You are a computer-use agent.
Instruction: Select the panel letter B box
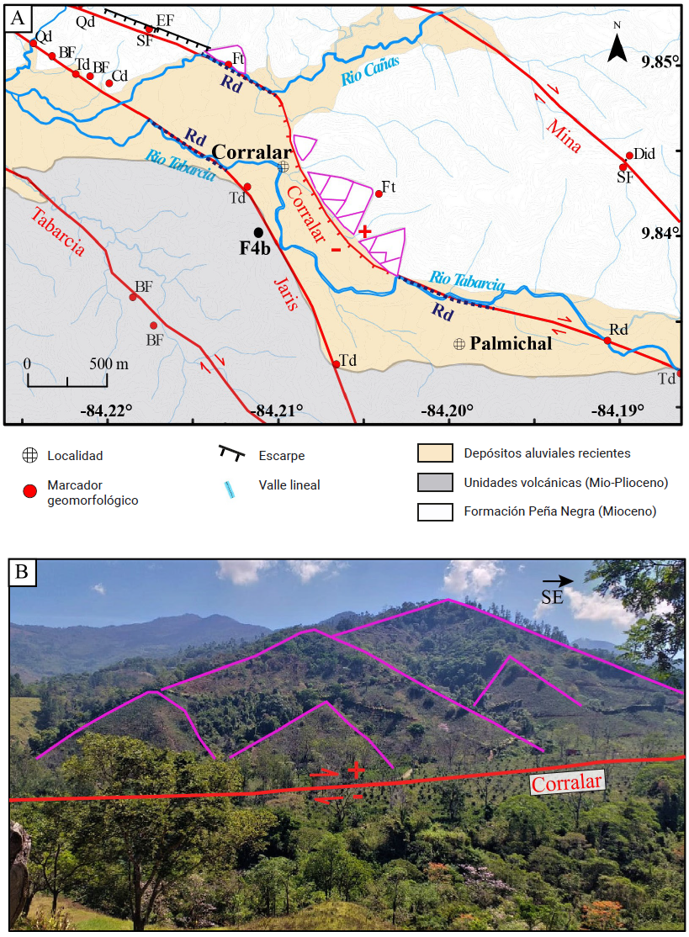[22, 573]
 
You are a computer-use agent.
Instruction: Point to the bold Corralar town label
[250, 151]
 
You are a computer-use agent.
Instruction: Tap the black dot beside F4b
[258, 232]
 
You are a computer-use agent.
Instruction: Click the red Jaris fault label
[286, 293]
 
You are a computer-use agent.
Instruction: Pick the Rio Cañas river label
[370, 70]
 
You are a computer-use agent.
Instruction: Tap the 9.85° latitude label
[659, 63]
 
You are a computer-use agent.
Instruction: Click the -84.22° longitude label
[107, 410]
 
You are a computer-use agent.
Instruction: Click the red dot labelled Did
[629, 156]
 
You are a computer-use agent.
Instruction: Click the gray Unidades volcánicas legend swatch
[435, 483]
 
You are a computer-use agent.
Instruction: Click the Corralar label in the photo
[568, 782]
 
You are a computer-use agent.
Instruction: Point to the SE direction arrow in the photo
[557, 580]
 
